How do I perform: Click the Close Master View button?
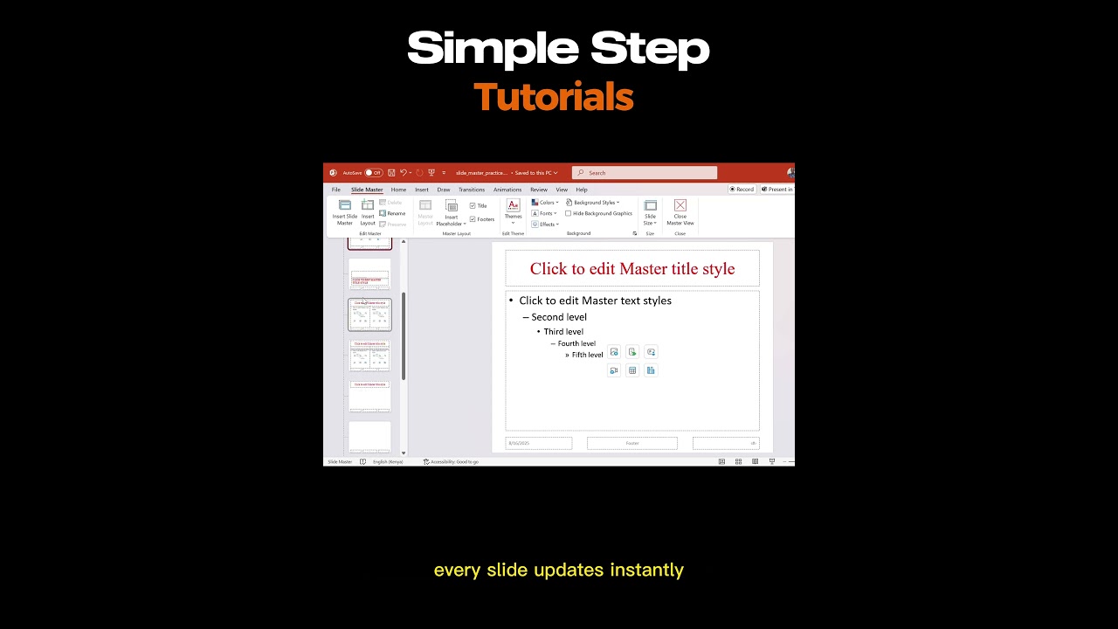(680, 212)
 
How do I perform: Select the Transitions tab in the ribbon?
(471, 190)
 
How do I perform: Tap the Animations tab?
(507, 190)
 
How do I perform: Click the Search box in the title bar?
(645, 173)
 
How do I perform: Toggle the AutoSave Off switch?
(374, 173)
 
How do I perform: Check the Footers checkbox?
(473, 219)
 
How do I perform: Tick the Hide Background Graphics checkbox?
(569, 213)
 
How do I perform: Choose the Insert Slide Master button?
(345, 212)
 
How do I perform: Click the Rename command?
(393, 213)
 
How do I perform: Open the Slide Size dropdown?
(650, 212)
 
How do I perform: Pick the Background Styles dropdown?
(593, 203)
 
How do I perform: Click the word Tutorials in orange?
(553, 97)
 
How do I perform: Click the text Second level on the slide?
(559, 317)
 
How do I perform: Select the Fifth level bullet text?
(587, 355)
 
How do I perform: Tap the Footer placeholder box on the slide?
(631, 443)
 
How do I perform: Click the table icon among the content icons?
(632, 370)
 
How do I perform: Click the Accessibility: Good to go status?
(452, 461)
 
